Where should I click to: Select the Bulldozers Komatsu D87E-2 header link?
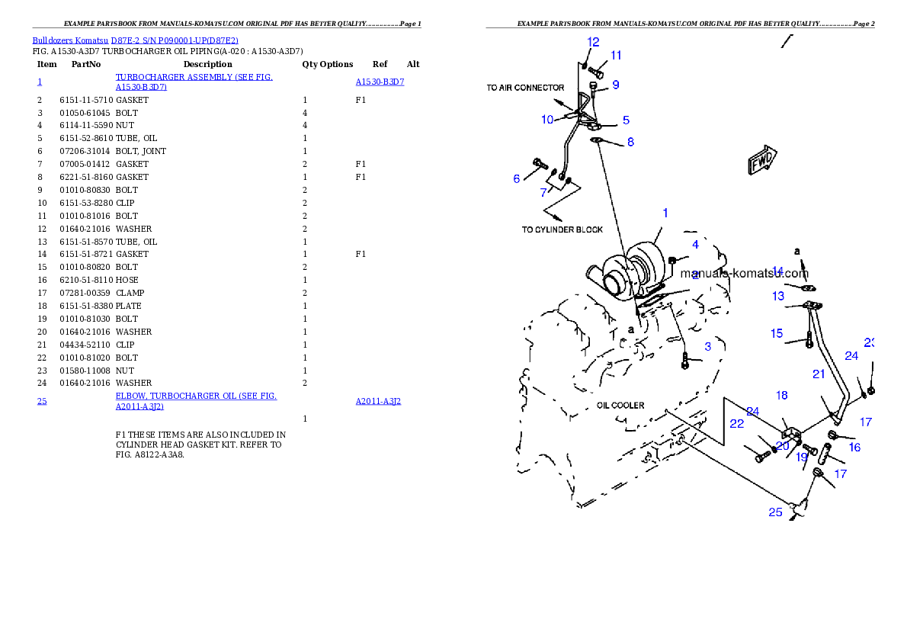[135, 40]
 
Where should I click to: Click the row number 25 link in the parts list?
[42, 401]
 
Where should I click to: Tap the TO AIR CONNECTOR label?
[525, 88]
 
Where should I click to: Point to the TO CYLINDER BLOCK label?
[562, 230]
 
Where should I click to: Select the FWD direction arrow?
[761, 161]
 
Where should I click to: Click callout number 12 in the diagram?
[593, 42]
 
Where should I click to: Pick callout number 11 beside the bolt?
[616, 55]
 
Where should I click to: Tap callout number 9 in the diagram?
[615, 85]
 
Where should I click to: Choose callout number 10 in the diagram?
[547, 120]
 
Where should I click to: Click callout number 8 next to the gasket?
[630, 142]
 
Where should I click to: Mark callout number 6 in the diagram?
[517, 178]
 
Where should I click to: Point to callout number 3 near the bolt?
[707, 347]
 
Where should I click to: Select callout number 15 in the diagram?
[776, 333]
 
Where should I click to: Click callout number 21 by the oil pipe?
[819, 374]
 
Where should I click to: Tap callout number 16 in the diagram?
[854, 448]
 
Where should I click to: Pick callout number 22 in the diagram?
[736, 424]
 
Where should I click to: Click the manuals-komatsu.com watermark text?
[744, 273]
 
